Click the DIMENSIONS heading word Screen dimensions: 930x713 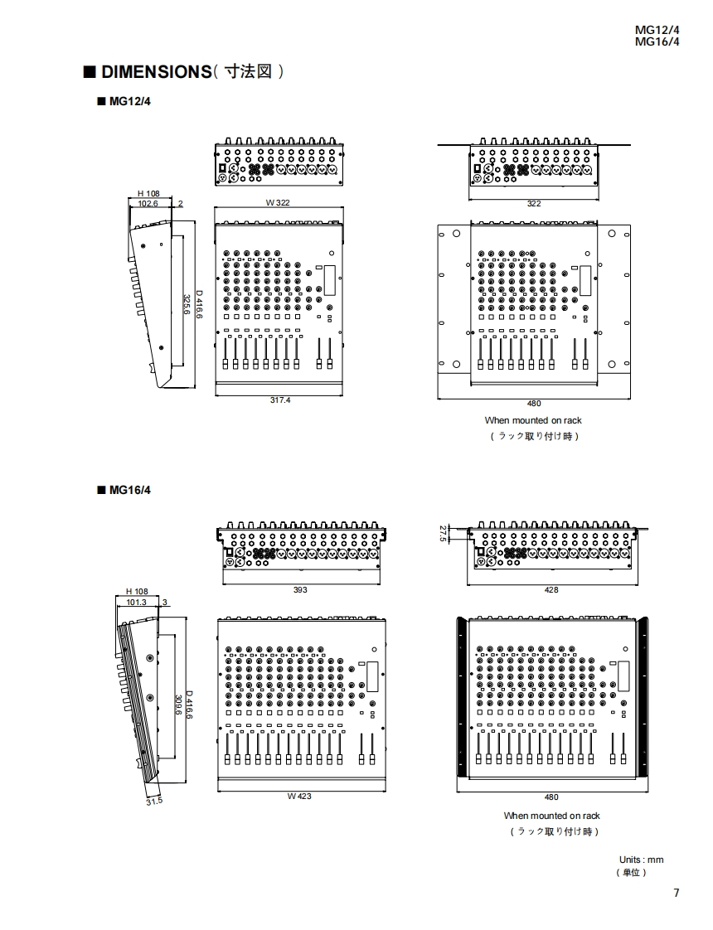pos(156,72)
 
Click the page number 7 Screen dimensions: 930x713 pos(676,893)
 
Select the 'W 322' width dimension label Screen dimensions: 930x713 pos(277,202)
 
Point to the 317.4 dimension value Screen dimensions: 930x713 pos(280,400)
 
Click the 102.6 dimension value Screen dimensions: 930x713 pos(148,202)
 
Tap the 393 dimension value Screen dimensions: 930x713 pos(300,589)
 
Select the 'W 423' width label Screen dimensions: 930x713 pos(299,796)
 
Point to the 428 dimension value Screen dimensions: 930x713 pos(551,589)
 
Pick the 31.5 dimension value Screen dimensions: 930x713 pos(154,802)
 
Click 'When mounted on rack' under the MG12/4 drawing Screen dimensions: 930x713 pos(533,420)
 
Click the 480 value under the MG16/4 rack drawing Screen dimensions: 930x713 pos(552,797)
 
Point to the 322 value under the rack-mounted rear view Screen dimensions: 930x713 pos(534,203)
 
